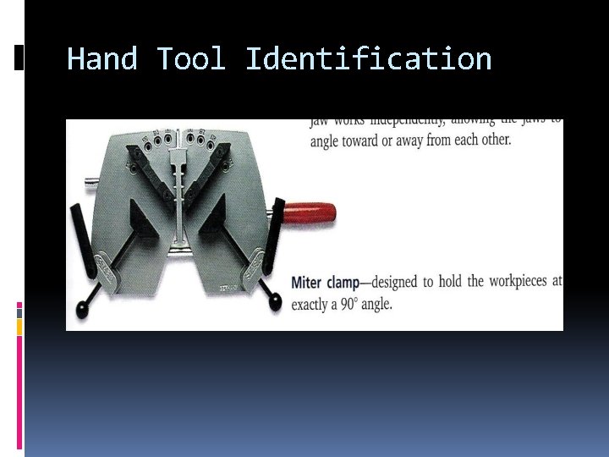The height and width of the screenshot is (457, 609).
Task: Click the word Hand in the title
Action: click(101, 59)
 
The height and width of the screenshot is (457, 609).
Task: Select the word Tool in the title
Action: click(191, 59)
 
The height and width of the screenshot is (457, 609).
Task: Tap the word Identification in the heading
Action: click(368, 59)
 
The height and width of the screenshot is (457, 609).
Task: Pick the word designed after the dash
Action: click(420, 282)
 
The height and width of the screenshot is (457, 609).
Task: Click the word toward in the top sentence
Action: click(361, 140)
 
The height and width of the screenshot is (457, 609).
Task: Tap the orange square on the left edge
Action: click(19, 326)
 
